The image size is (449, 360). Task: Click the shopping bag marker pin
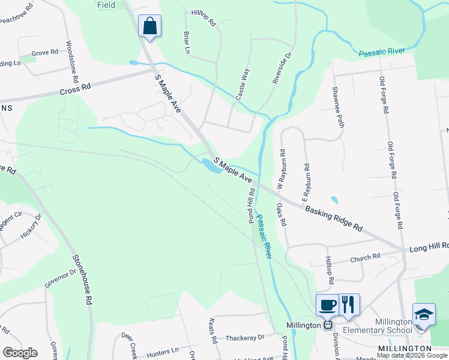[x=149, y=26]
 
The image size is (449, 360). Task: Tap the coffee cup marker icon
[x=328, y=304]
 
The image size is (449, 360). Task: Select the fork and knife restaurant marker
[x=348, y=304]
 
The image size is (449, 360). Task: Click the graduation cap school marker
[x=424, y=314]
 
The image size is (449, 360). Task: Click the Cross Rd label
[x=75, y=89]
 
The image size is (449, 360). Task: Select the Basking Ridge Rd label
[x=334, y=219]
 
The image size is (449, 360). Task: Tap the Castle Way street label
[x=243, y=84]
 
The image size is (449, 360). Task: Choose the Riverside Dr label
[x=282, y=67]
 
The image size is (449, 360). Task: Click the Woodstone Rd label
[x=72, y=61]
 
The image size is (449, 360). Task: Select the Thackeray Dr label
[x=245, y=338]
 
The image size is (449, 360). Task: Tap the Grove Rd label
[x=44, y=53]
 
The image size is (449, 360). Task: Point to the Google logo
[x=19, y=352]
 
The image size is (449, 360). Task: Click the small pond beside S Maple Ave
[x=210, y=166]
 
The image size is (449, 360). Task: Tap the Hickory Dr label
[x=31, y=226]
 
